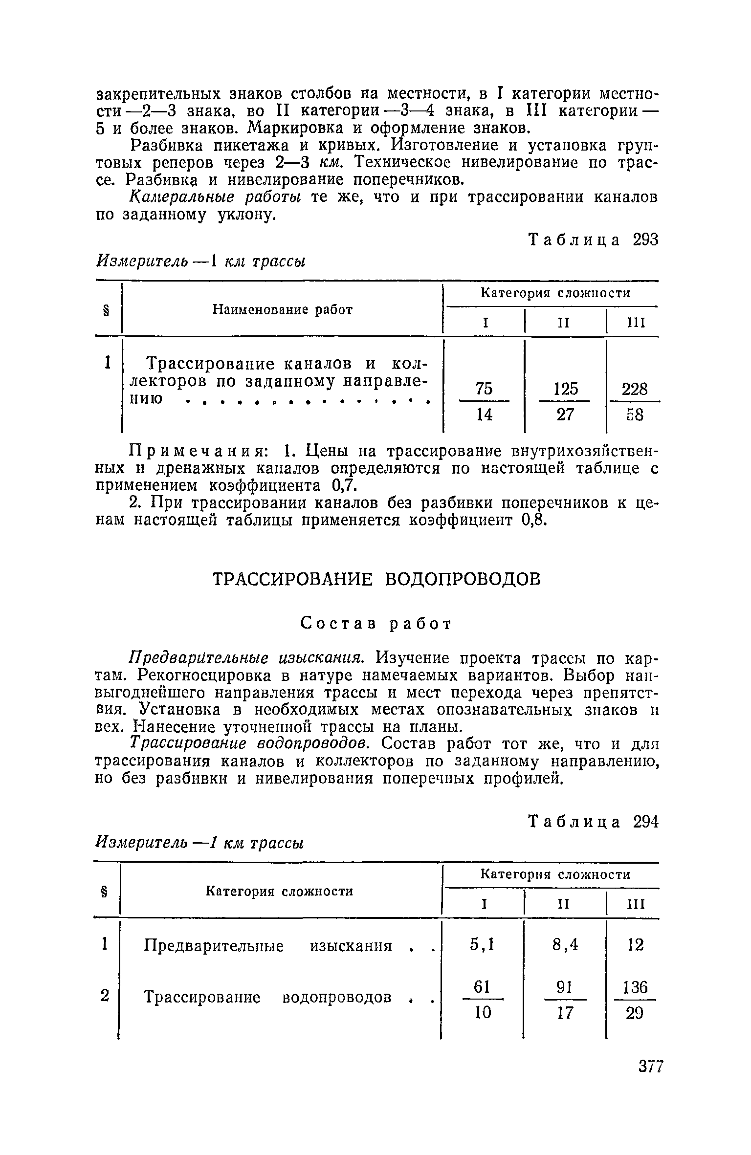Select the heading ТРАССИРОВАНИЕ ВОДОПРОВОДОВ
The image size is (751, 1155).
click(377, 579)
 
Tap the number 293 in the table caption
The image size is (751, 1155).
click(645, 240)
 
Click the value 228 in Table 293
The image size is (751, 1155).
click(634, 390)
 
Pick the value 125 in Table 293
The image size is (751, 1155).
click(565, 389)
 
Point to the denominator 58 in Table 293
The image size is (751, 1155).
click(634, 415)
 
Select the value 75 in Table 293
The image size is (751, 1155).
click(484, 389)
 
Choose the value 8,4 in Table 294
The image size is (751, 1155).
click(565, 945)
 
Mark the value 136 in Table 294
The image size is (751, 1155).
click(634, 988)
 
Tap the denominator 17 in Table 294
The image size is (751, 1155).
click(565, 1014)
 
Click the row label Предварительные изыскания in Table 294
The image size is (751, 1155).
click(268, 946)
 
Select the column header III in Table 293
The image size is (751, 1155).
click(636, 323)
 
